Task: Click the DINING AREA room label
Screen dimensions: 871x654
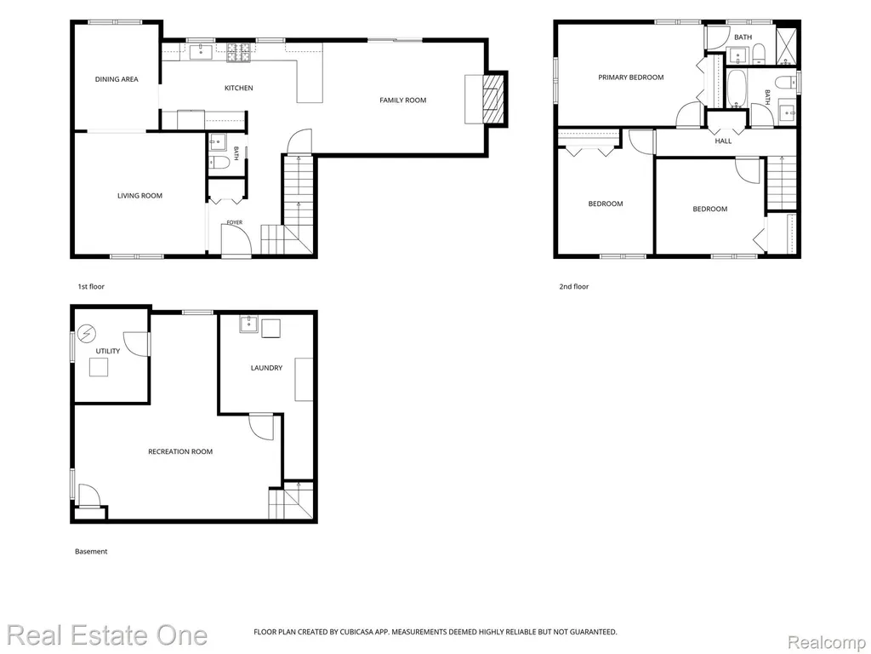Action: click(117, 79)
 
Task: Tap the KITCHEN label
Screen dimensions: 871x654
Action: click(239, 88)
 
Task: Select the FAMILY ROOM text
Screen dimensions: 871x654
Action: click(402, 100)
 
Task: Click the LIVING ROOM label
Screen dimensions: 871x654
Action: click(140, 196)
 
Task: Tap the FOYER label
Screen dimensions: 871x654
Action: click(235, 223)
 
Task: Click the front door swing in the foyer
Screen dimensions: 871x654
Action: click(236, 240)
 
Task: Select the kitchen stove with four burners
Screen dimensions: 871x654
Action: click(239, 52)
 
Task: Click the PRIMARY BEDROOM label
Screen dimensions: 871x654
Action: click(631, 77)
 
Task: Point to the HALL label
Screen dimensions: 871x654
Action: click(723, 141)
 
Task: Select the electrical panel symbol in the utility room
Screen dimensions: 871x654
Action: click(88, 334)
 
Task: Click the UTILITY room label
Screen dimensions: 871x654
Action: click(108, 352)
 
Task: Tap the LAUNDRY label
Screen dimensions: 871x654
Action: click(266, 368)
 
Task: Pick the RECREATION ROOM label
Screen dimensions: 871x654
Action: click(180, 451)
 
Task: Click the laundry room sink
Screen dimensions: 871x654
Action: click(249, 324)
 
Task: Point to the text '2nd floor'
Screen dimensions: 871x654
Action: click(574, 287)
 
